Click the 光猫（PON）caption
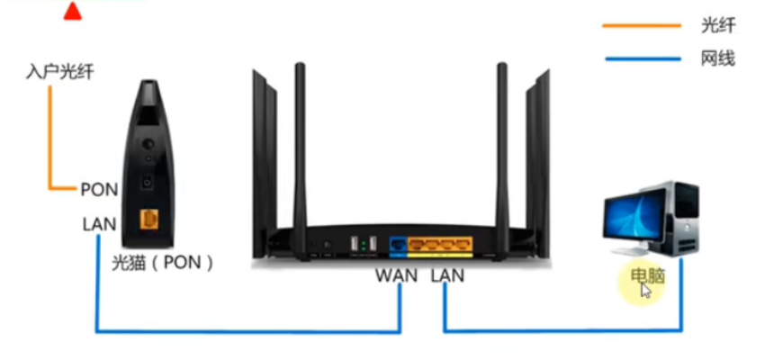click(x=161, y=263)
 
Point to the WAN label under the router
click(x=397, y=274)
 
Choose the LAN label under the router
click(x=446, y=274)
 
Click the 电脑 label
click(x=647, y=275)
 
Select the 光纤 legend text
click(x=716, y=26)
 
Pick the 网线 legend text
click(x=716, y=59)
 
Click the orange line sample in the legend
click(x=641, y=27)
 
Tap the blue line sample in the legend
click(x=641, y=60)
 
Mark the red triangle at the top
click(x=73, y=11)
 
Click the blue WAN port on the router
click(x=397, y=243)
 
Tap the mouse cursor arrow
click(x=645, y=291)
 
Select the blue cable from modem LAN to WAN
click(x=243, y=331)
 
